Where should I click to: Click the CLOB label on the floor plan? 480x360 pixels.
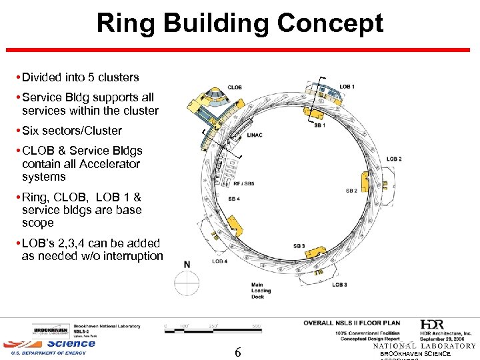pos(235,87)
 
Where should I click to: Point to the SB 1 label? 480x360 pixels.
pos(319,126)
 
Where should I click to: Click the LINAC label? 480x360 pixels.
pos(254,135)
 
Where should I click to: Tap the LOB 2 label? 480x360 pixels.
pos(394,159)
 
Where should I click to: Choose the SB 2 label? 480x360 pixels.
pos(351,191)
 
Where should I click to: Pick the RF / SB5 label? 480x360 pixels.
pos(244,183)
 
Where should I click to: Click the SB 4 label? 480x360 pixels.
pos(233,199)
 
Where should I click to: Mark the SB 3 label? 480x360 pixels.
pos(299,246)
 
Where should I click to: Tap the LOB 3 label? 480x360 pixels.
pos(339,285)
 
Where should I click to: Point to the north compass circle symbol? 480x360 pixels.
pos(187,281)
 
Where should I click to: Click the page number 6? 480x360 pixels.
pos(238,351)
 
